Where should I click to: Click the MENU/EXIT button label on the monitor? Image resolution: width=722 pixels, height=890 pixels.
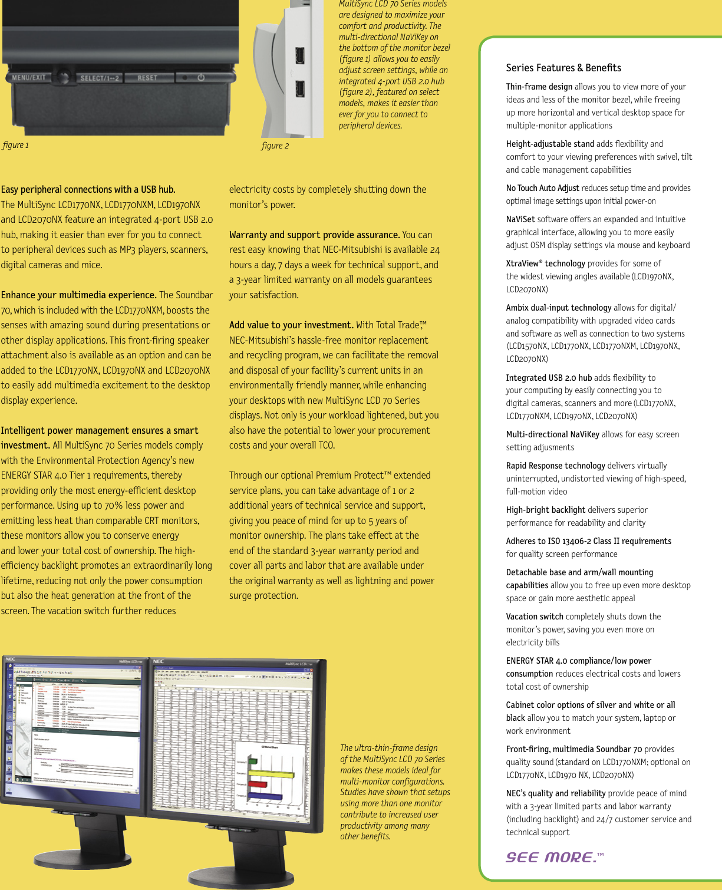[x=29, y=77]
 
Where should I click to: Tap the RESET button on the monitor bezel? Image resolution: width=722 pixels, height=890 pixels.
[x=147, y=78]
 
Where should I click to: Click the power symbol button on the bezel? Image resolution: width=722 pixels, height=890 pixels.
[x=201, y=77]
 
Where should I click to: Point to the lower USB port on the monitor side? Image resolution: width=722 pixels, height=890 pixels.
[x=299, y=89]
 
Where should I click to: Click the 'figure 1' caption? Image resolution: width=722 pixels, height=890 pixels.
[x=15, y=146]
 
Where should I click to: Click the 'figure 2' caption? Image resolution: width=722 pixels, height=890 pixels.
[x=275, y=146]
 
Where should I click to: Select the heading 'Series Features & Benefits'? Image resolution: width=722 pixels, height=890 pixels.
[x=563, y=68]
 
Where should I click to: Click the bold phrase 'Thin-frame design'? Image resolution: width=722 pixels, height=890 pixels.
[x=539, y=87]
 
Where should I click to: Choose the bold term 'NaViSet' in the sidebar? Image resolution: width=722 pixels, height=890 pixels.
[x=520, y=219]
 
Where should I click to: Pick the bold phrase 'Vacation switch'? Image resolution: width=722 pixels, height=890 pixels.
[x=535, y=617]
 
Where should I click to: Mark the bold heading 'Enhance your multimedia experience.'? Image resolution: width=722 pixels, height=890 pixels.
[x=78, y=295]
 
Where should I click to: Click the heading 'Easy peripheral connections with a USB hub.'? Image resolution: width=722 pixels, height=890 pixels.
[x=88, y=189]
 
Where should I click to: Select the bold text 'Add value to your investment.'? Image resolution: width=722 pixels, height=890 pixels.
[x=291, y=325]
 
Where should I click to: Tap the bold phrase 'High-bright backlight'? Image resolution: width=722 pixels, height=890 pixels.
[x=545, y=510]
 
